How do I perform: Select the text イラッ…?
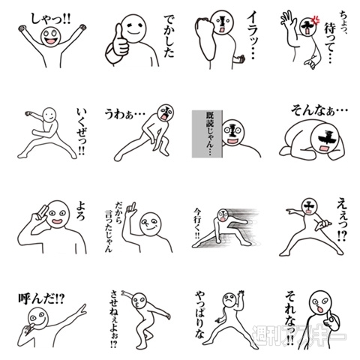(x=247, y=40)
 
